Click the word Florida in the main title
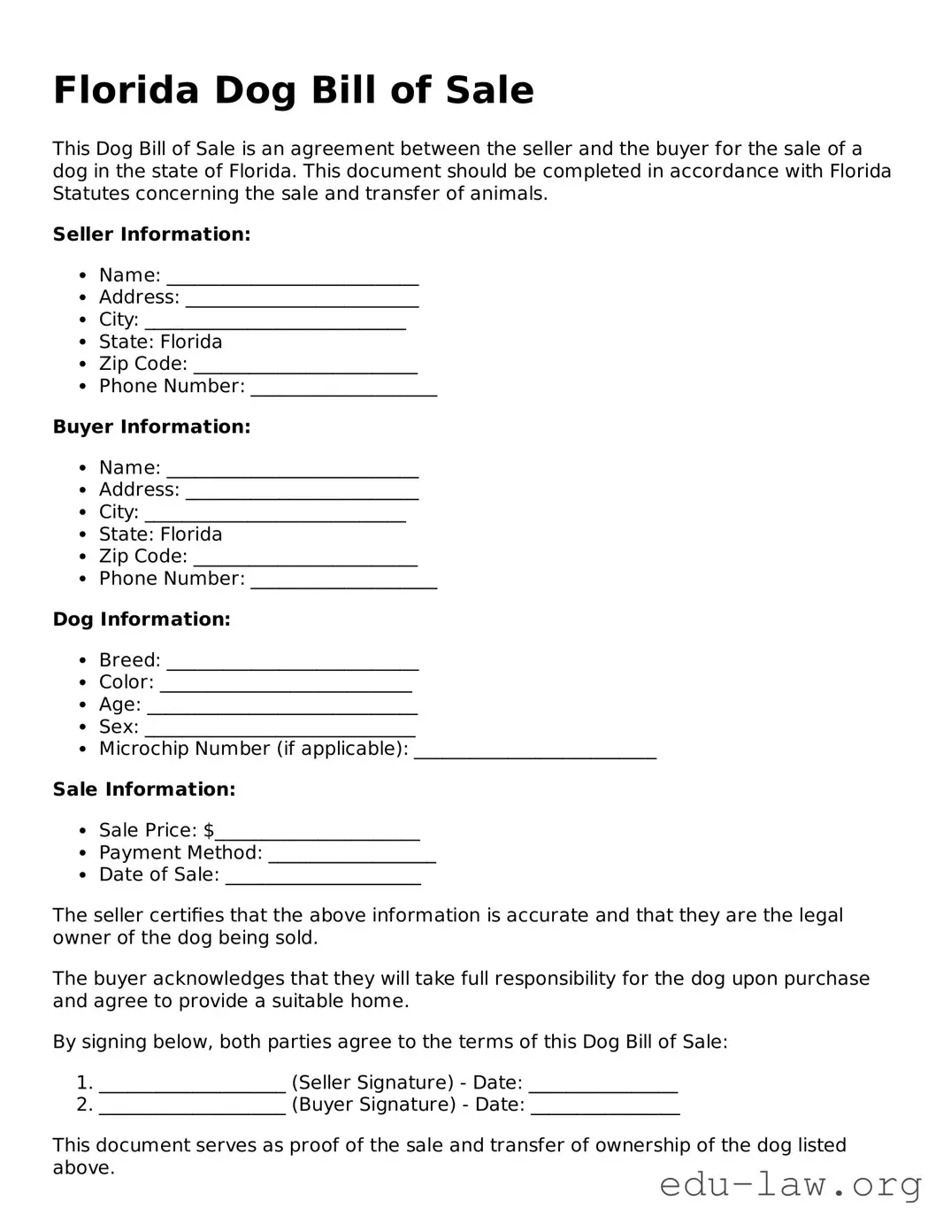click(x=127, y=90)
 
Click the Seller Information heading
click(x=151, y=235)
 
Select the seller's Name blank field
click(x=292, y=278)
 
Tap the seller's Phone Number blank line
click(x=343, y=389)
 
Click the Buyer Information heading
click(x=151, y=427)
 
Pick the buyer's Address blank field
click(x=301, y=492)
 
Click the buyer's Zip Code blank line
click(x=305, y=558)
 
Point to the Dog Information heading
click(x=142, y=619)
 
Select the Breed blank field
click(x=292, y=663)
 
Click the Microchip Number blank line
click(x=534, y=751)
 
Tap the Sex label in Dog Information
click(x=119, y=727)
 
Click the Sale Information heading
click(x=144, y=789)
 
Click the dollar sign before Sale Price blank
click(x=209, y=830)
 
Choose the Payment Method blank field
click(x=351, y=855)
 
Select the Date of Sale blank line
click(x=323, y=877)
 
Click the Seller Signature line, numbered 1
click(x=192, y=1085)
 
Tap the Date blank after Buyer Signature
click(x=605, y=1107)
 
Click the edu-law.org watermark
click(x=790, y=1184)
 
